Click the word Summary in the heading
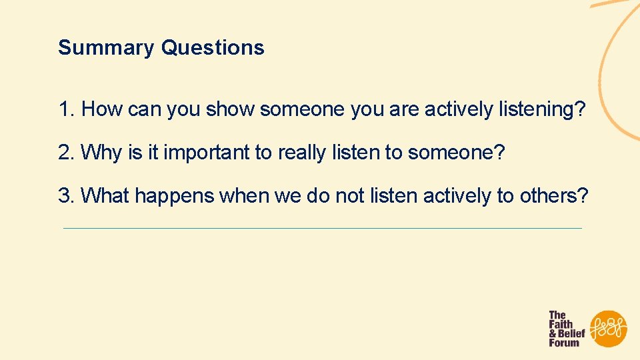point(107,48)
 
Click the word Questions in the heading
point(213,48)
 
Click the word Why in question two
point(101,153)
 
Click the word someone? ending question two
point(457,153)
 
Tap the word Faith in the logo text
point(561,324)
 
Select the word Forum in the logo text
point(564,343)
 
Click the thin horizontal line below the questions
point(322,229)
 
